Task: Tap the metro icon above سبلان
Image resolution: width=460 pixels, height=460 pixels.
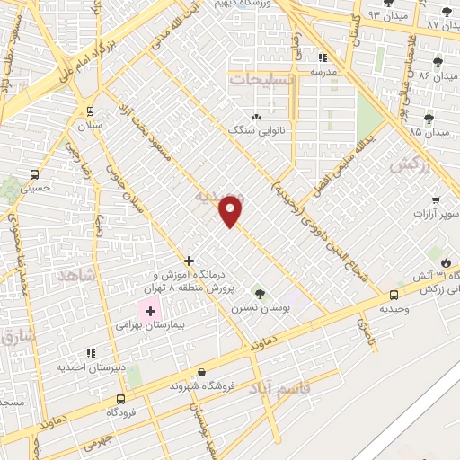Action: [90, 111]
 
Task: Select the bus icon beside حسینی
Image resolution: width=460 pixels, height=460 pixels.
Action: [34, 174]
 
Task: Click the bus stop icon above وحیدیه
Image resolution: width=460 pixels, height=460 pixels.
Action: [394, 294]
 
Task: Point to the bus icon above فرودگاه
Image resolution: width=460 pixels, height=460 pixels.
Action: [120, 397]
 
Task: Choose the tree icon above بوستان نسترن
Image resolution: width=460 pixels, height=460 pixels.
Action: [260, 294]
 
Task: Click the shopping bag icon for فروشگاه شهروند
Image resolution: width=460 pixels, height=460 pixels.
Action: [201, 372]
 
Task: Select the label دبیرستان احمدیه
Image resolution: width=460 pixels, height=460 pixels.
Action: [90, 367]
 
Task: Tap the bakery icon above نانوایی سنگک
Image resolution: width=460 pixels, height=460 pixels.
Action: [257, 117]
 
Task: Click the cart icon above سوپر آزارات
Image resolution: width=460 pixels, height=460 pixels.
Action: [436, 199]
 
